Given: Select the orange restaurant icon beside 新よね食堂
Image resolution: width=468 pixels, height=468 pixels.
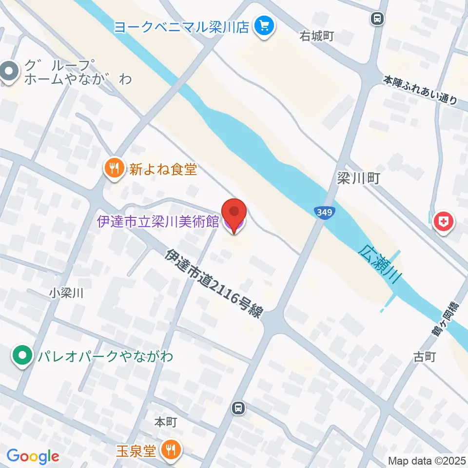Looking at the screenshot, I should (x=114, y=169).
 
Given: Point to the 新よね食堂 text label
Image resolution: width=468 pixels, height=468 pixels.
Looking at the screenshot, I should (x=163, y=169).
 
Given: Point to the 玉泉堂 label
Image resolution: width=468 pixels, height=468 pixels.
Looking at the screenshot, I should (x=136, y=450).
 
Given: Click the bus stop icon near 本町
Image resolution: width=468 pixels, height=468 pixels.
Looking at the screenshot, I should (x=238, y=407).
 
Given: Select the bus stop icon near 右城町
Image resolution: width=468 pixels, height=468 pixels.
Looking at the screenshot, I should (x=377, y=19).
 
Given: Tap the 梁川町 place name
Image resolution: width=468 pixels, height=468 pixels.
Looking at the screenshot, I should (x=358, y=178).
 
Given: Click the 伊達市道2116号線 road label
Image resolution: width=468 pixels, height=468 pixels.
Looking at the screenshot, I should (x=213, y=283).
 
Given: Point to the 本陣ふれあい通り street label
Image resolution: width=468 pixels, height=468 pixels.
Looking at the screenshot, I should (x=420, y=90).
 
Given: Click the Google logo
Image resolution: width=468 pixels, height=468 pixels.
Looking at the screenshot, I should (x=33, y=456).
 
